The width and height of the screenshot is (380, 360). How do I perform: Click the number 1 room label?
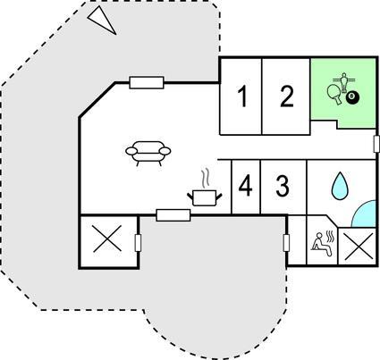pyautogui.click(x=243, y=96)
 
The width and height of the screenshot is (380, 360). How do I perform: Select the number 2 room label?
pyautogui.click(x=287, y=96)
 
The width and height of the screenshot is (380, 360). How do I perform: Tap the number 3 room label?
pyautogui.click(x=283, y=186)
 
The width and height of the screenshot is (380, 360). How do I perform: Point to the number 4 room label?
pyautogui.click(x=246, y=186)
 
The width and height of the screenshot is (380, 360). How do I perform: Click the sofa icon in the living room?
pyautogui.click(x=148, y=153)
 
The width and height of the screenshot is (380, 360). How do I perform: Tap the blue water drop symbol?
pyautogui.click(x=340, y=186)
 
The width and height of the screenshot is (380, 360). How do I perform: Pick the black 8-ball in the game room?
pyautogui.click(x=352, y=97)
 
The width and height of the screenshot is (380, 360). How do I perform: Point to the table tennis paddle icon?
pyautogui.click(x=334, y=94)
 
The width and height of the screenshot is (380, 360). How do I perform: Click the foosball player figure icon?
pyautogui.click(x=344, y=81)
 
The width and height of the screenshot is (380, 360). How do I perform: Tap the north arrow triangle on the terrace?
pyautogui.click(x=102, y=21)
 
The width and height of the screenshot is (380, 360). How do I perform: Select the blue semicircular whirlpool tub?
pyautogui.click(x=364, y=214)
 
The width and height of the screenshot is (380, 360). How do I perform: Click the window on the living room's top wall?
pyautogui.click(x=147, y=82)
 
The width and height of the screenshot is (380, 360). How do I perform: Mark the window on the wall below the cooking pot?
pyautogui.click(x=173, y=215)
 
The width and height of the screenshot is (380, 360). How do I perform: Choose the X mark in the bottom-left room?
pyautogui.click(x=107, y=239)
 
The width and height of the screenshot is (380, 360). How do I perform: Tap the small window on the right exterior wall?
pyautogui.click(x=376, y=144)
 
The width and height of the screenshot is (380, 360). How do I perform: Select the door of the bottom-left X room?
pyautogui.click(x=138, y=243)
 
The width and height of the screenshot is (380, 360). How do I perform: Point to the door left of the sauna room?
pyautogui.click(x=286, y=243)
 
